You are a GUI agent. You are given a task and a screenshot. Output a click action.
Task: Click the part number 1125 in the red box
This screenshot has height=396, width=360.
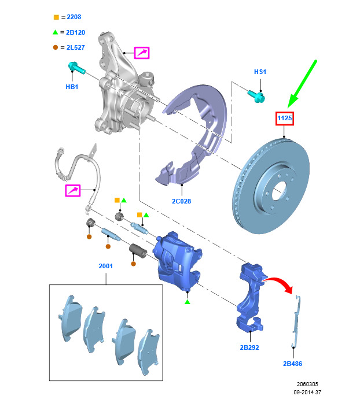[284, 119]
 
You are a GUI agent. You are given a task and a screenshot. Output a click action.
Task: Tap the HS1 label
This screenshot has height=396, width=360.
[260, 72]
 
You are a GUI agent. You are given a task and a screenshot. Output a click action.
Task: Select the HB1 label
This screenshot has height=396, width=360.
[72, 87]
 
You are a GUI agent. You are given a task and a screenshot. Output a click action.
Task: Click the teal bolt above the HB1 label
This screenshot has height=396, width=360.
[76, 69]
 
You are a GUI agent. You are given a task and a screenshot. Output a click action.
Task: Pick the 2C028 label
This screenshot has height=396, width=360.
[181, 201]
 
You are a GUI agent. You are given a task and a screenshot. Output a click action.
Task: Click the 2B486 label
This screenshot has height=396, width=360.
[293, 364]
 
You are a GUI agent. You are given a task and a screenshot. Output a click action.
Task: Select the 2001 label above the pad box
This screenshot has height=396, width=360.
[106, 266]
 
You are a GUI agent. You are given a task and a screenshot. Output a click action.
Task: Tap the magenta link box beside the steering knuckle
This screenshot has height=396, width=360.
[142, 53]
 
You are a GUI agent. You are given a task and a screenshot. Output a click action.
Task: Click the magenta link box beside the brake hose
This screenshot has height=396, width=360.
[72, 190]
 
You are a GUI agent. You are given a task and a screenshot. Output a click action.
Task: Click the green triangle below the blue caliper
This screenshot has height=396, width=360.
[187, 302]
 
